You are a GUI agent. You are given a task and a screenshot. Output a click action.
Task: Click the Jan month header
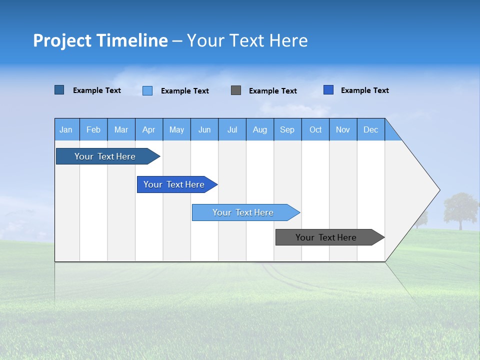pos(66,129)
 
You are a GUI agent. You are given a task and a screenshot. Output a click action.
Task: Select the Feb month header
pos(93,129)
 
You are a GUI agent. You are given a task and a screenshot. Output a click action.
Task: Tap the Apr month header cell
pos(149,129)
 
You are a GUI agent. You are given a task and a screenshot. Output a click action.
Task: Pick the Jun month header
pos(204,129)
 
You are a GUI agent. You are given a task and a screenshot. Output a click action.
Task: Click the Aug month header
pos(260,129)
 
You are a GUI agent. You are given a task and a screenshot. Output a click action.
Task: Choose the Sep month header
pos(287,129)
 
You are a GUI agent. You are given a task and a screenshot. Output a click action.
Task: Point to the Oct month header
pos(315,129)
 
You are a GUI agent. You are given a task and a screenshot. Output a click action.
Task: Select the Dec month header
pos(371,129)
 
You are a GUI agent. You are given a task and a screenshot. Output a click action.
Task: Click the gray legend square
pos(236,90)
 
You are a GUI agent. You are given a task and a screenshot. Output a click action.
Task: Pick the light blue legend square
pos(147,90)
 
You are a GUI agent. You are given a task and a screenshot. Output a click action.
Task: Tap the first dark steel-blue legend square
pos(59,90)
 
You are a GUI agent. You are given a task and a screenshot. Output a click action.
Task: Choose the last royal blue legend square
pos(328,90)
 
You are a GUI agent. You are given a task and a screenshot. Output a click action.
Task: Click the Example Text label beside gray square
pos(273,91)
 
